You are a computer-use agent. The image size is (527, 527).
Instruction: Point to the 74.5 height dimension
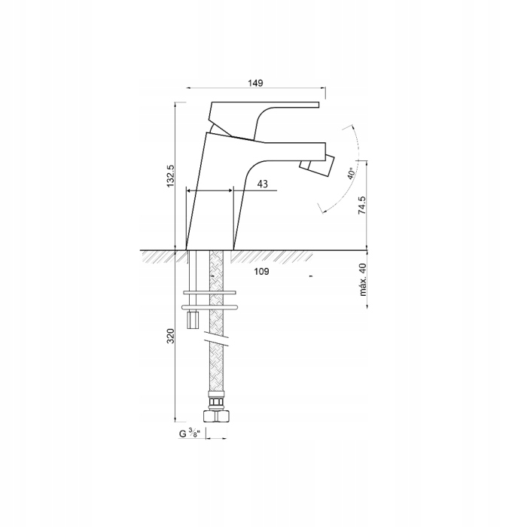click(362, 206)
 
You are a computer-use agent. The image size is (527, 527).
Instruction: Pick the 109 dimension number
click(261, 272)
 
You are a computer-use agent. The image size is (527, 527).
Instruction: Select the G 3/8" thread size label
click(189, 434)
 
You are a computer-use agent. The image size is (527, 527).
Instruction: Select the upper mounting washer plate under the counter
click(210, 291)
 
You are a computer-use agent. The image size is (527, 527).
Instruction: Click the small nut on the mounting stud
click(192, 321)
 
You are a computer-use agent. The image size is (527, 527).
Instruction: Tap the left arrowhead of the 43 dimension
click(190, 191)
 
